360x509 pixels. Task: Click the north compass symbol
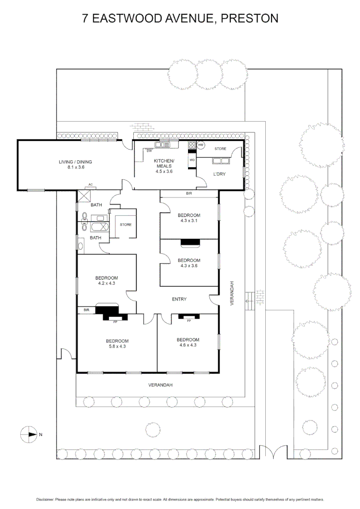pos(29,434)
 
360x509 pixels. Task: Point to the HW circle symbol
pos(201,145)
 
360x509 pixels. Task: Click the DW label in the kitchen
pos(149,151)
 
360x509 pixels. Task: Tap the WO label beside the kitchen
pos(192,160)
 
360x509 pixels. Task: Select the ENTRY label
pos(180,299)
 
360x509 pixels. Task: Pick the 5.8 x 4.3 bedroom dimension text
pos(117,346)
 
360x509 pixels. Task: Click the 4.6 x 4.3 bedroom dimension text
pos(188,345)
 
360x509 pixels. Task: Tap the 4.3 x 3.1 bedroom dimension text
pos(189,221)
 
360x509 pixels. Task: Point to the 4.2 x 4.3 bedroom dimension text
pos(106,283)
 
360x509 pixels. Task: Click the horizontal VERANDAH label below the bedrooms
pos(161,385)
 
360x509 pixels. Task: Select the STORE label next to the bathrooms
pos(125,224)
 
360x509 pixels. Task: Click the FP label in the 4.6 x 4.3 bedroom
pos(189,320)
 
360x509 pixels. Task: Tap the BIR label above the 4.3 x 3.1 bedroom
pos(189,194)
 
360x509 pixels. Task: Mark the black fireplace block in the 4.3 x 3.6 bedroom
pos(190,242)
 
